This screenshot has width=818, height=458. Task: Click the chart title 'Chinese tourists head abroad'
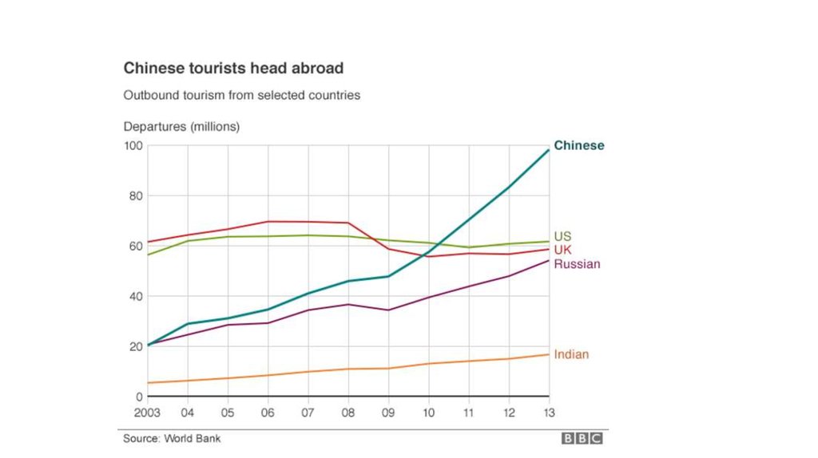click(233, 69)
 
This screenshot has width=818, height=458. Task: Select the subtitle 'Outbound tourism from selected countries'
click(241, 95)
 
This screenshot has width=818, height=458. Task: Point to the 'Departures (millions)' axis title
click(181, 126)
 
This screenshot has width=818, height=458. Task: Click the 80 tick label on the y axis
click(135, 196)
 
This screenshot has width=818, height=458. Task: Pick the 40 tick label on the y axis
click(135, 296)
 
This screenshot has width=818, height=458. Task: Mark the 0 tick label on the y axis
click(138, 397)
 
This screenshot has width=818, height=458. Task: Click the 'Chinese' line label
click(579, 145)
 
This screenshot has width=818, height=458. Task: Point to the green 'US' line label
click(562, 236)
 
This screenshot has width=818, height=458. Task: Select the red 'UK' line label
click(562, 250)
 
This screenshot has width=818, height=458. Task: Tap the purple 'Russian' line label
click(577, 263)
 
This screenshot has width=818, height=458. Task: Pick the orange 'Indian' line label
click(571, 354)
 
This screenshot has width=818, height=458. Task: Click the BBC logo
click(582, 438)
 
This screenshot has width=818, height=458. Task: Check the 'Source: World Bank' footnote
click(172, 438)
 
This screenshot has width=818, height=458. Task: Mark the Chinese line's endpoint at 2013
click(549, 150)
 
